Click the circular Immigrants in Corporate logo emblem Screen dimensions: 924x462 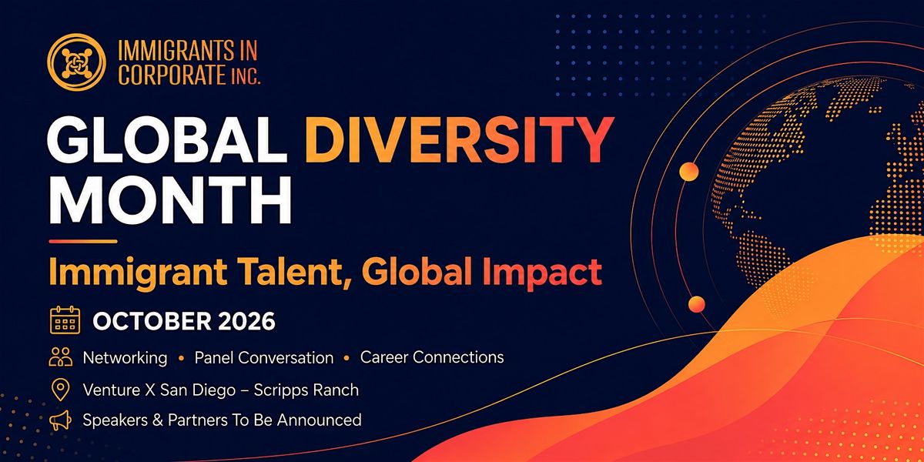coord(76,62)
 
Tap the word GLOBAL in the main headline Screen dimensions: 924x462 coord(167,140)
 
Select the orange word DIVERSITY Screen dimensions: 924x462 coord(459,140)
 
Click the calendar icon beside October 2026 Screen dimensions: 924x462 coord(65,320)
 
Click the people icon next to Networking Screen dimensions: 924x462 coord(61,357)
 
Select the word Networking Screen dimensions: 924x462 coord(125,357)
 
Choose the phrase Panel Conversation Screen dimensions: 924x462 coord(264,357)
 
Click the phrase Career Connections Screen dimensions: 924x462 coord(432,357)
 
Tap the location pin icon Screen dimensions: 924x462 coord(60,390)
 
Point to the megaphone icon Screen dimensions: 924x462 coord(60,420)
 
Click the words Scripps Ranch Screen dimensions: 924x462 coord(306,390)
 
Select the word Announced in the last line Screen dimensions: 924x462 coord(320,420)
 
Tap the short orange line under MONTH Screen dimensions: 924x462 coord(83,241)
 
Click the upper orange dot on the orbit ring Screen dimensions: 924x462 coord(688,171)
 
